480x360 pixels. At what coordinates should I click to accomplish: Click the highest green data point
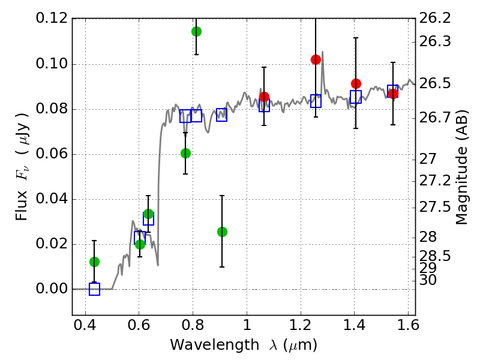coord(196,31)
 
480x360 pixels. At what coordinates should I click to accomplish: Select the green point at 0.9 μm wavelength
coord(222,232)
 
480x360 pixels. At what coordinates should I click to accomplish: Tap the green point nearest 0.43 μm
coord(94,262)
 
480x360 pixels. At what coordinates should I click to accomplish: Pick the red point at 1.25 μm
coord(316,59)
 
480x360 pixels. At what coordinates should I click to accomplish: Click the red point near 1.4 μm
coord(356,83)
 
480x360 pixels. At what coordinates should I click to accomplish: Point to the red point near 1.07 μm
coord(264,97)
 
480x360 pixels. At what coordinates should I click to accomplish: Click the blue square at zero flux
coord(94,289)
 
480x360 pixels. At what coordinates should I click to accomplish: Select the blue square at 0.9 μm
coord(221,115)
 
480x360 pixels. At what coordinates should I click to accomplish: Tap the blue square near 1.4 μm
coord(356,97)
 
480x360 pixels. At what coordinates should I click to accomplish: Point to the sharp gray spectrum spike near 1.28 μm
coord(323,53)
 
